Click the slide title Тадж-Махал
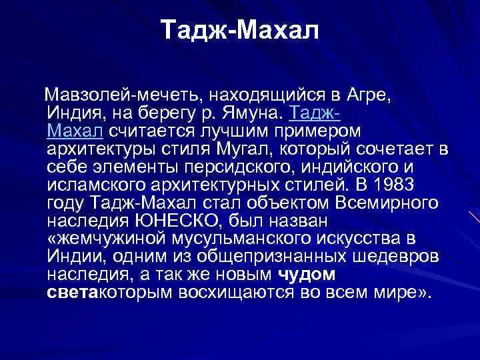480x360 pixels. click(x=241, y=30)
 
